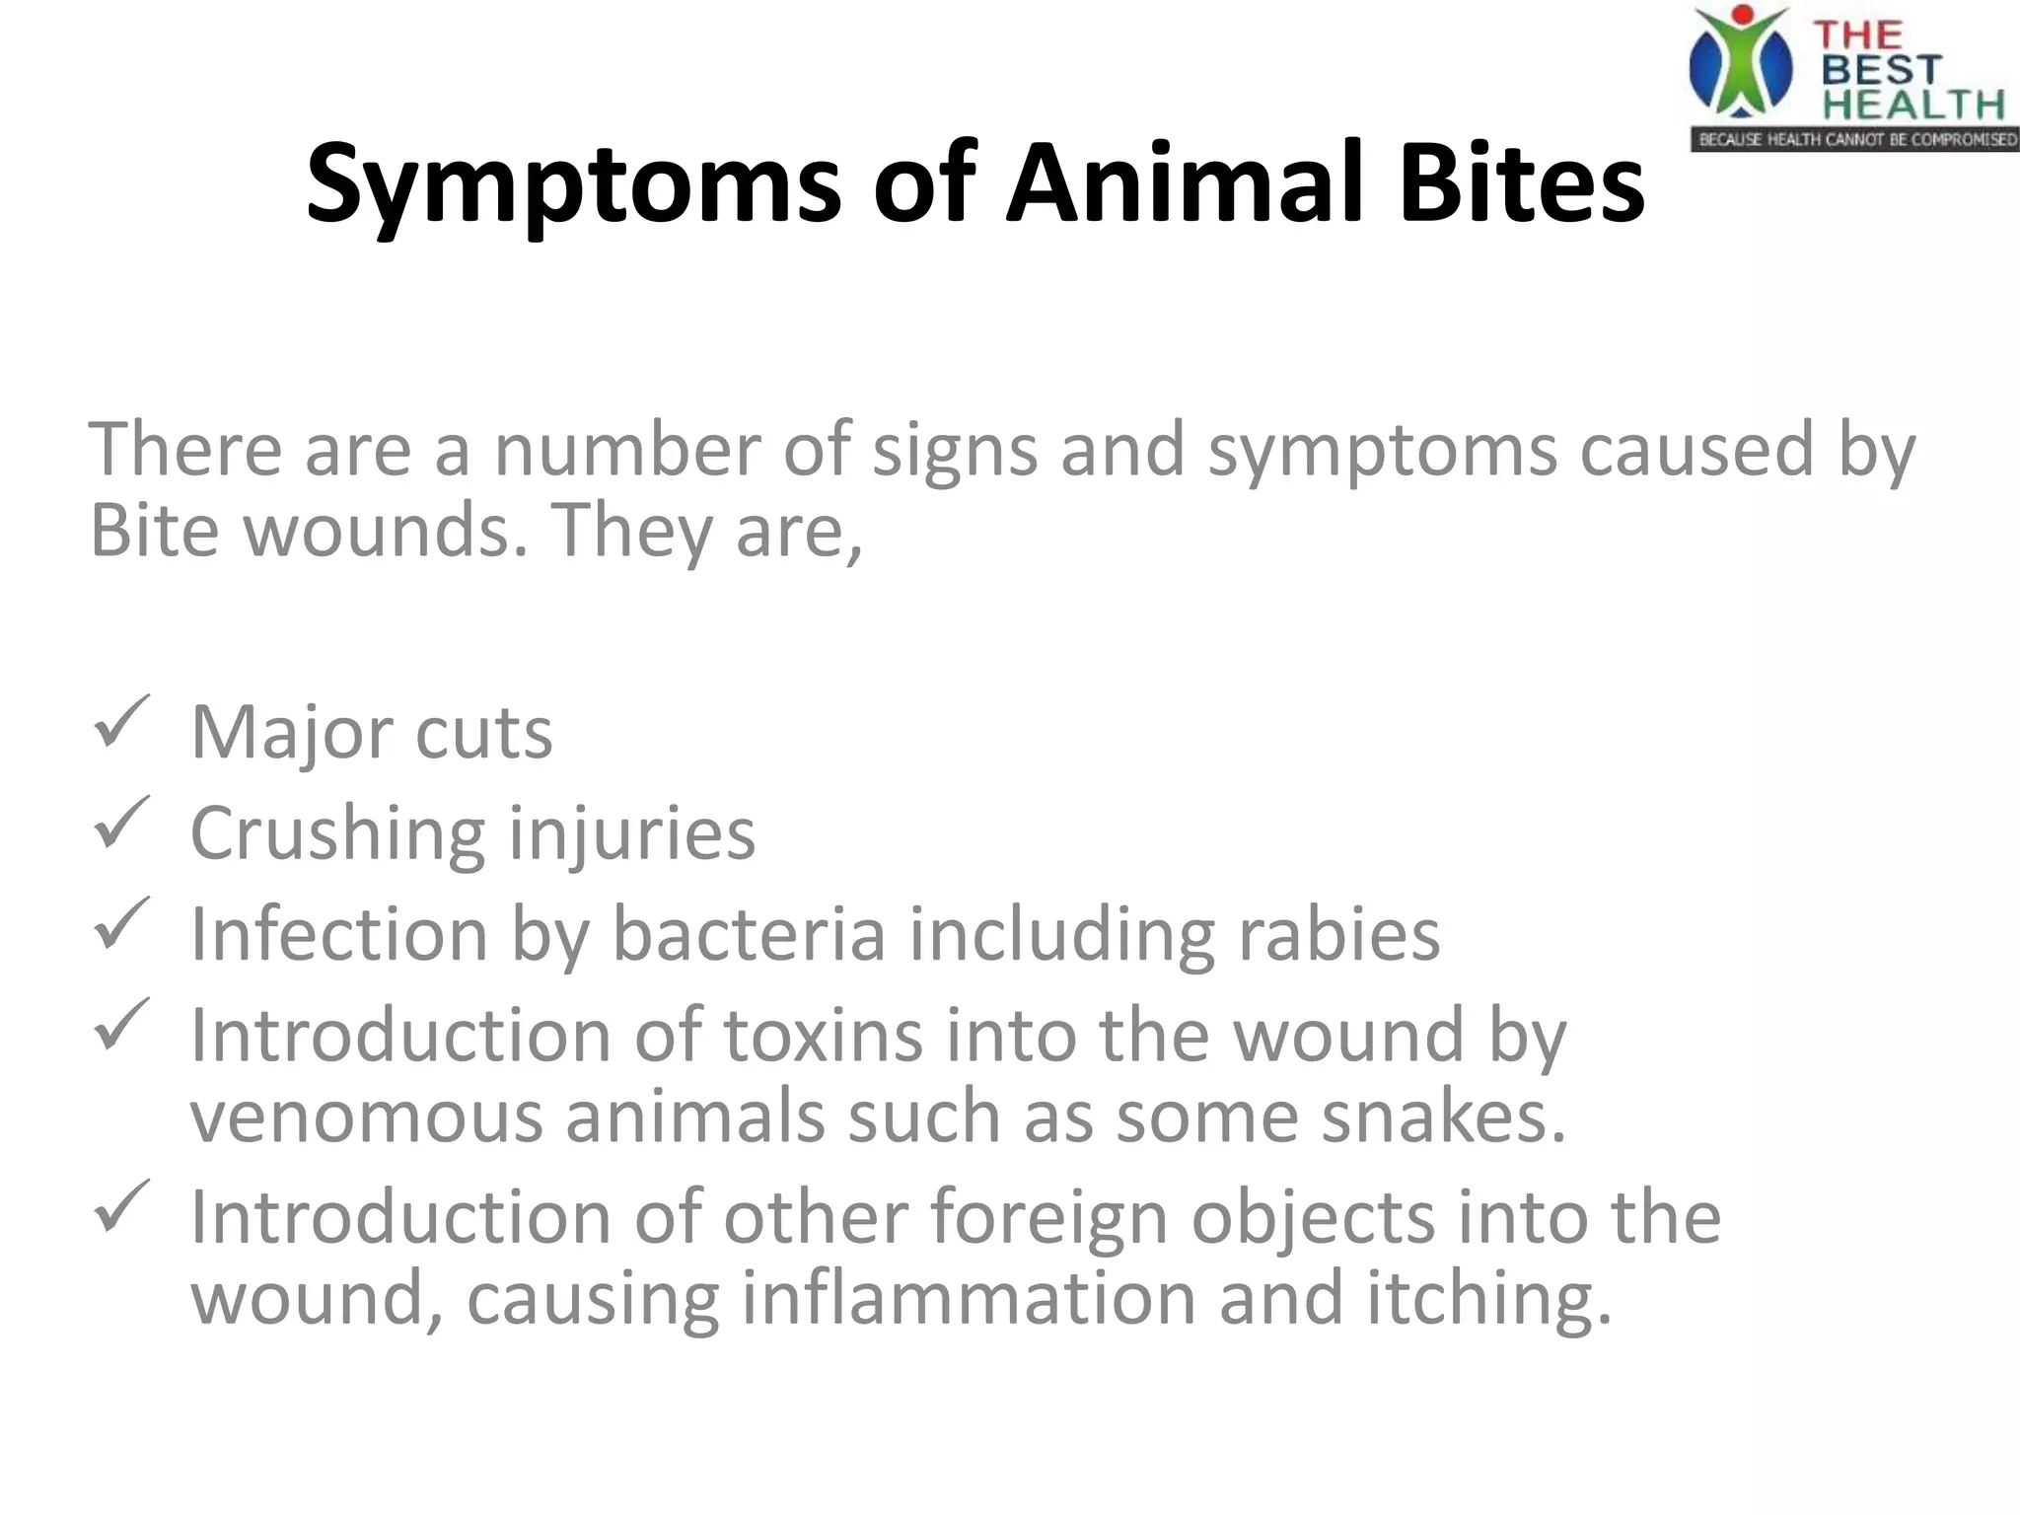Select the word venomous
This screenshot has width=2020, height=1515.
[x=366, y=1117]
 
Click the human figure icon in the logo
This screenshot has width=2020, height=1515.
[x=1740, y=61]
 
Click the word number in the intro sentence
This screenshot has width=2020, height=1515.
[x=627, y=450]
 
